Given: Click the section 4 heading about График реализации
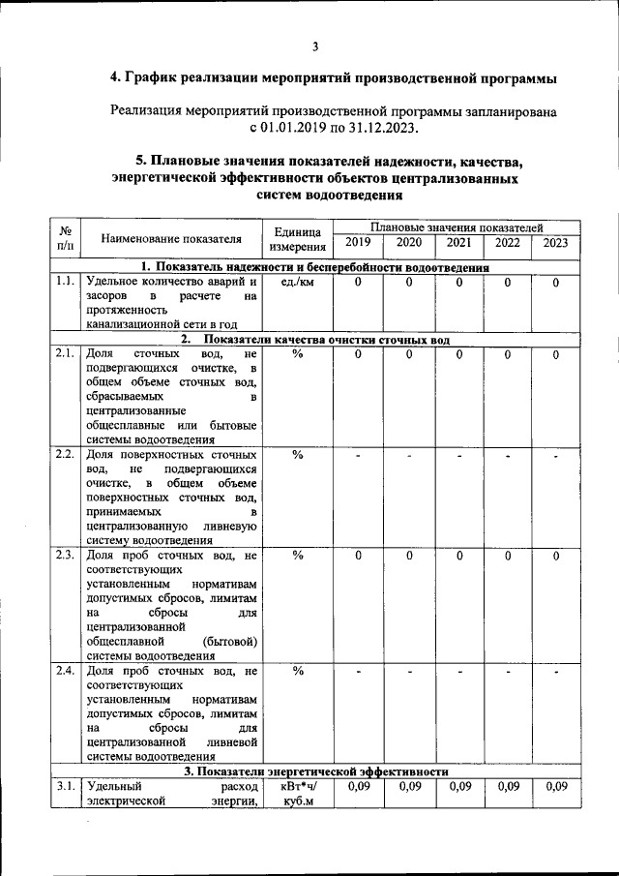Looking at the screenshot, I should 334,77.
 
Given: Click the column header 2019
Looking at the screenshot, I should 357,243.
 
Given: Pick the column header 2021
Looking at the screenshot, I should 459,243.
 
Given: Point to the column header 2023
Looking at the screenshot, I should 555,243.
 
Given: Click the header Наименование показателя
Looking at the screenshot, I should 171,237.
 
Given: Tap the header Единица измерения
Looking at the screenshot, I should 298,238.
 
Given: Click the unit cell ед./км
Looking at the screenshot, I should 298,282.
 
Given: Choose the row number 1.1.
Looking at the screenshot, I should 65,282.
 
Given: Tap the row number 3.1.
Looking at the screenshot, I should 65,787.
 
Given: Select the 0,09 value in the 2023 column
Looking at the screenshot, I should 555,787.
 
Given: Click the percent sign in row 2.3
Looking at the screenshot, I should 298,556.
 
